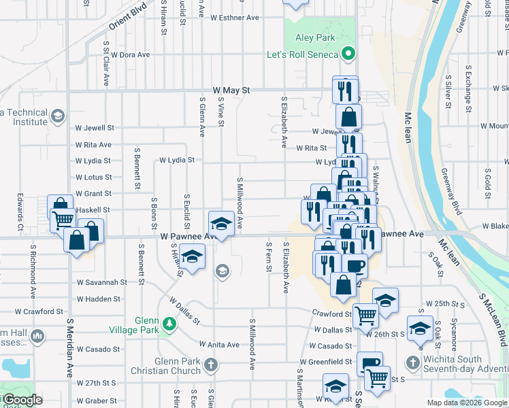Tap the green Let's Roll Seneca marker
point(348,52)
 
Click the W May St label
point(231,90)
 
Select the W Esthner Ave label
point(235,18)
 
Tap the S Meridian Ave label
point(69,346)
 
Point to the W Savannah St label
point(101,282)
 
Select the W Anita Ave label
point(219,345)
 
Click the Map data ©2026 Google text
point(467,403)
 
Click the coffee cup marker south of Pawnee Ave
point(355,265)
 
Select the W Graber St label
point(97,401)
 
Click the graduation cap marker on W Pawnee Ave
point(220,223)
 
